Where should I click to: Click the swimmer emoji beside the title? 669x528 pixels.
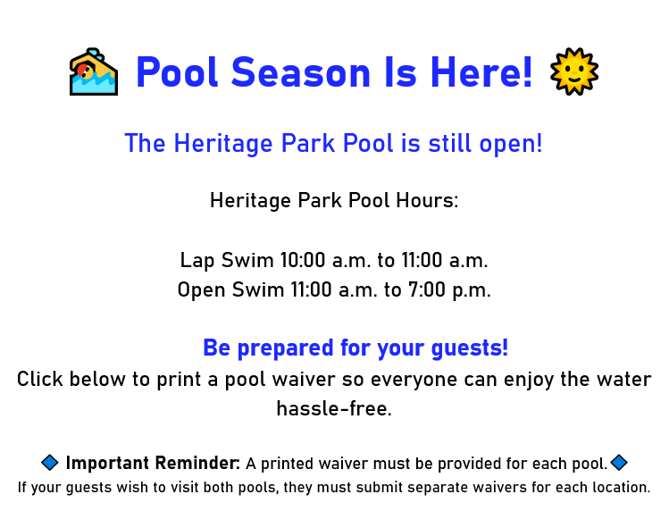pos(94,71)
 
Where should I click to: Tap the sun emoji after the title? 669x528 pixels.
pos(574,71)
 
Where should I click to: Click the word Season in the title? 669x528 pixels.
pos(301,72)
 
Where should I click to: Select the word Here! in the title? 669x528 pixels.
pos(481,71)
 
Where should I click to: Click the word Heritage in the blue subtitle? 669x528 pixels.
pos(223,144)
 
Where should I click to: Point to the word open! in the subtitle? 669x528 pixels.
pos(511,144)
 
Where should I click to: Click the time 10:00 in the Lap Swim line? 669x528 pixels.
pos(303,260)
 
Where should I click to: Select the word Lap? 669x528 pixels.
pos(197,260)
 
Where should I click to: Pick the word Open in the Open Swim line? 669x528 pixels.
pos(201,290)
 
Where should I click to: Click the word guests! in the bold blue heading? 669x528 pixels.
pos(470,348)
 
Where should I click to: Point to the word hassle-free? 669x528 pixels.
pos(334,408)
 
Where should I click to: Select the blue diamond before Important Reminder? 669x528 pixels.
pos(50,463)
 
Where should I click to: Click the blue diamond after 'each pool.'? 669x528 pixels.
pos(619,462)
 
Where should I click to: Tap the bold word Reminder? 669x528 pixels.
pos(197,463)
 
